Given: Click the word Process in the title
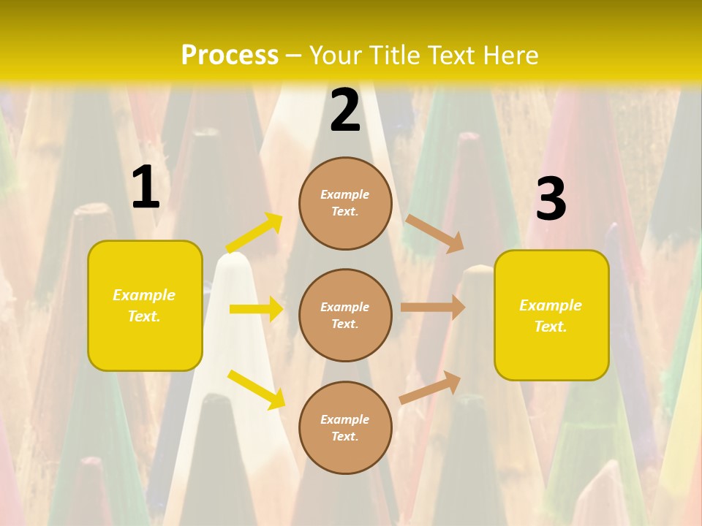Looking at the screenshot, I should pos(230,55).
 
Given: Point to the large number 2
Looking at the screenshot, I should pos(345,111).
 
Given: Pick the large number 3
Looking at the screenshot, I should pos(551,200).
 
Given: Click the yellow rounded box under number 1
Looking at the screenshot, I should pos(145,305).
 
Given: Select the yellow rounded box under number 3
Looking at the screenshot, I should pos(551,316).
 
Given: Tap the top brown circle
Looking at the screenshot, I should pos(345,203).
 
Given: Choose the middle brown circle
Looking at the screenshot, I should pos(345,316).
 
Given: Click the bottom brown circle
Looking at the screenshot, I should pos(345,428).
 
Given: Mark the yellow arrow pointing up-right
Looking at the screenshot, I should pos(254,232).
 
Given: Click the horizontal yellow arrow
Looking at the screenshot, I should pos(256,309).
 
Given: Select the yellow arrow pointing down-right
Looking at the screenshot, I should pos(256,389).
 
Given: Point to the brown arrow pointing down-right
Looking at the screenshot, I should pos(434,233).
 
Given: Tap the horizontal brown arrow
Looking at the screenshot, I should pos(433,308).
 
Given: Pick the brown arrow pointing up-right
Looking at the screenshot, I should pos(430,387).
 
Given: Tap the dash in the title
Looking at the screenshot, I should pos(294,56).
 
